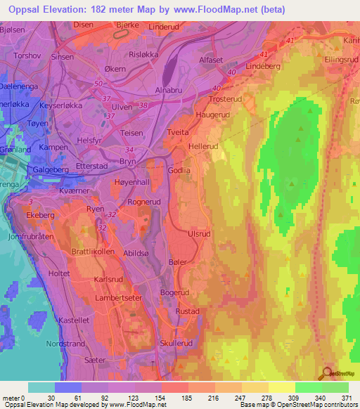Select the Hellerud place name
[x=204, y=146]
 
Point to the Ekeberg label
[x=40, y=215]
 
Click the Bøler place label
[x=176, y=261]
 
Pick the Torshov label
[x=27, y=55]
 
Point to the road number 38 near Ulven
[x=144, y=105]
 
